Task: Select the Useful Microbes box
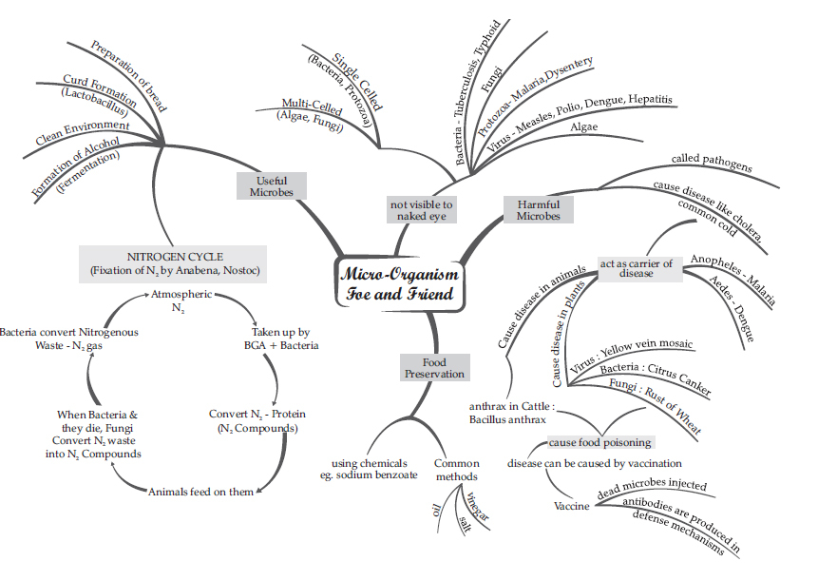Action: (x=272, y=185)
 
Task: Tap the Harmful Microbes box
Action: (x=539, y=210)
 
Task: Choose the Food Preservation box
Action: (x=434, y=367)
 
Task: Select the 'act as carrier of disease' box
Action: (x=637, y=268)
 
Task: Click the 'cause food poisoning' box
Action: (x=599, y=442)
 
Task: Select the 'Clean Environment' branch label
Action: (x=83, y=132)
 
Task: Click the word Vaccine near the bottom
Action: (x=572, y=505)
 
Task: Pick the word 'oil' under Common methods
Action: (x=435, y=511)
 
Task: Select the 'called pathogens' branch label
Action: (x=712, y=163)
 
